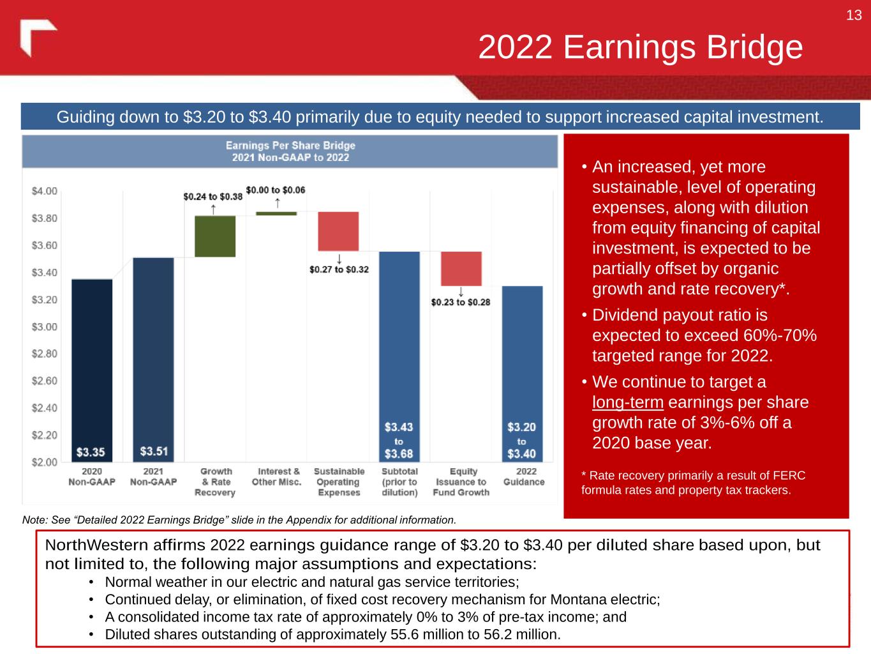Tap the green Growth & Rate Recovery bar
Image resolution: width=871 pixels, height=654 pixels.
click(x=215, y=236)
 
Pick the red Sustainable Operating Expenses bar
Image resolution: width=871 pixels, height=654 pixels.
click(x=338, y=231)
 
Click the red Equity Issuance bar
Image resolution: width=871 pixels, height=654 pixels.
click(x=461, y=269)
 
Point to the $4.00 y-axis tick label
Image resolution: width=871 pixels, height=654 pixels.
click(x=44, y=191)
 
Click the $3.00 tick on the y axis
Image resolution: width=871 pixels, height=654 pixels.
click(x=44, y=327)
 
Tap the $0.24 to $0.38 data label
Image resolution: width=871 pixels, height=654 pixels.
click(x=212, y=197)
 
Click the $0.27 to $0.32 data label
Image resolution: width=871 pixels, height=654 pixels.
click(x=339, y=270)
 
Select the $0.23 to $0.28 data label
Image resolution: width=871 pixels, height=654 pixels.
click(x=460, y=302)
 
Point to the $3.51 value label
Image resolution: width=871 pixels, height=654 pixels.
click(x=154, y=452)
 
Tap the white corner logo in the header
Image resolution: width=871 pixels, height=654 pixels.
click(x=38, y=37)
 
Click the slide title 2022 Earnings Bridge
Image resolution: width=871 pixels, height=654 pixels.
click(x=640, y=47)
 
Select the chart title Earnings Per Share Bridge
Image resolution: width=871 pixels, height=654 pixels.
click(x=290, y=146)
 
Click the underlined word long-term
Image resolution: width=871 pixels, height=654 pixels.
click(x=627, y=402)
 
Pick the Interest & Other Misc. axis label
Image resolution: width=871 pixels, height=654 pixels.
click(x=276, y=476)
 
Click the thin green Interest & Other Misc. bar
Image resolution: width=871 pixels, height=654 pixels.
click(x=276, y=213)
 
